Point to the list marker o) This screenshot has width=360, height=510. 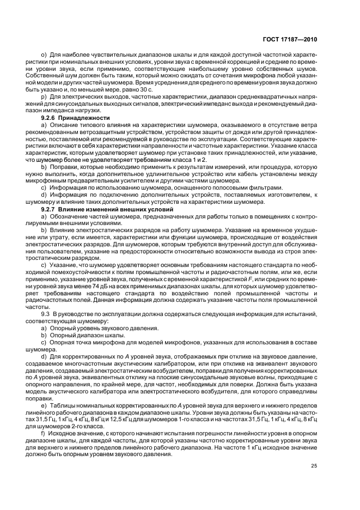pyautogui.click(x=45, y=56)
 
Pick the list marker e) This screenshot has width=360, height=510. pyautogui.click(x=45, y=391)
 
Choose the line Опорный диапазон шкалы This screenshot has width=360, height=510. pyautogui.click(x=87, y=337)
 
